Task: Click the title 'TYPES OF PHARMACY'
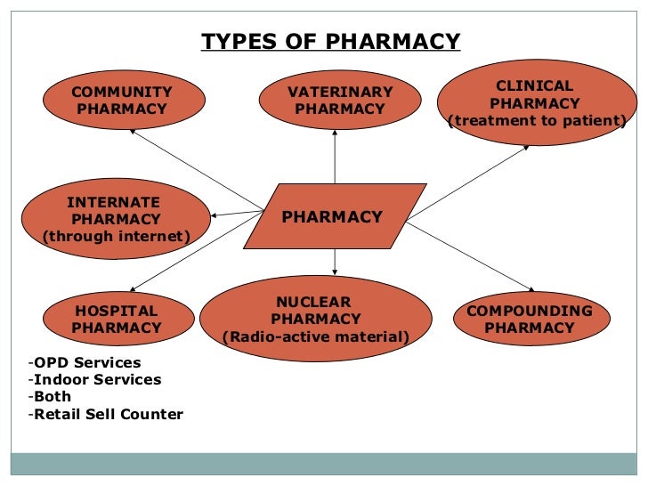[x=330, y=42]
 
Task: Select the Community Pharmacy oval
[x=122, y=101]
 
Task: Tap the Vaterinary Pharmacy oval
[x=339, y=101]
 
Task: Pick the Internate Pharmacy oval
[x=114, y=219]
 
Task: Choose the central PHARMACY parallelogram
[x=332, y=216]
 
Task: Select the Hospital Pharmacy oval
[x=117, y=320]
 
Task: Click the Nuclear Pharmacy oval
[x=316, y=319]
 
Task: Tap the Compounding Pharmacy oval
[x=530, y=319]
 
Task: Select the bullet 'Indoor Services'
[x=96, y=380]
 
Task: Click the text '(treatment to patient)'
[x=537, y=121]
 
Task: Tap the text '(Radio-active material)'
[x=316, y=336]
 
